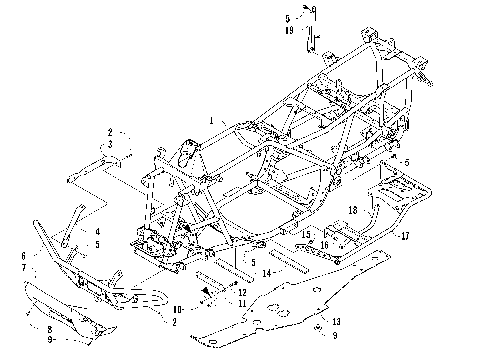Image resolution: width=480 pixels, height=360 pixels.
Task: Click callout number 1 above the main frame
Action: click(x=211, y=120)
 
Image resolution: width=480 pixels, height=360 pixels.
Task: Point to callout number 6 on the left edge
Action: click(x=22, y=256)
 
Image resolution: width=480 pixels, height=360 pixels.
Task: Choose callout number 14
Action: click(x=266, y=271)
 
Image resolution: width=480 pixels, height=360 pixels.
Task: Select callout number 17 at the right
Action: click(x=405, y=237)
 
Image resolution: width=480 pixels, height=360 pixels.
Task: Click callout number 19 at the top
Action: click(x=287, y=31)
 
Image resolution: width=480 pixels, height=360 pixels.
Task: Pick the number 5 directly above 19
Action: click(x=287, y=19)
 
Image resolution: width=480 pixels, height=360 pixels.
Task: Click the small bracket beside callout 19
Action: click(x=310, y=42)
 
